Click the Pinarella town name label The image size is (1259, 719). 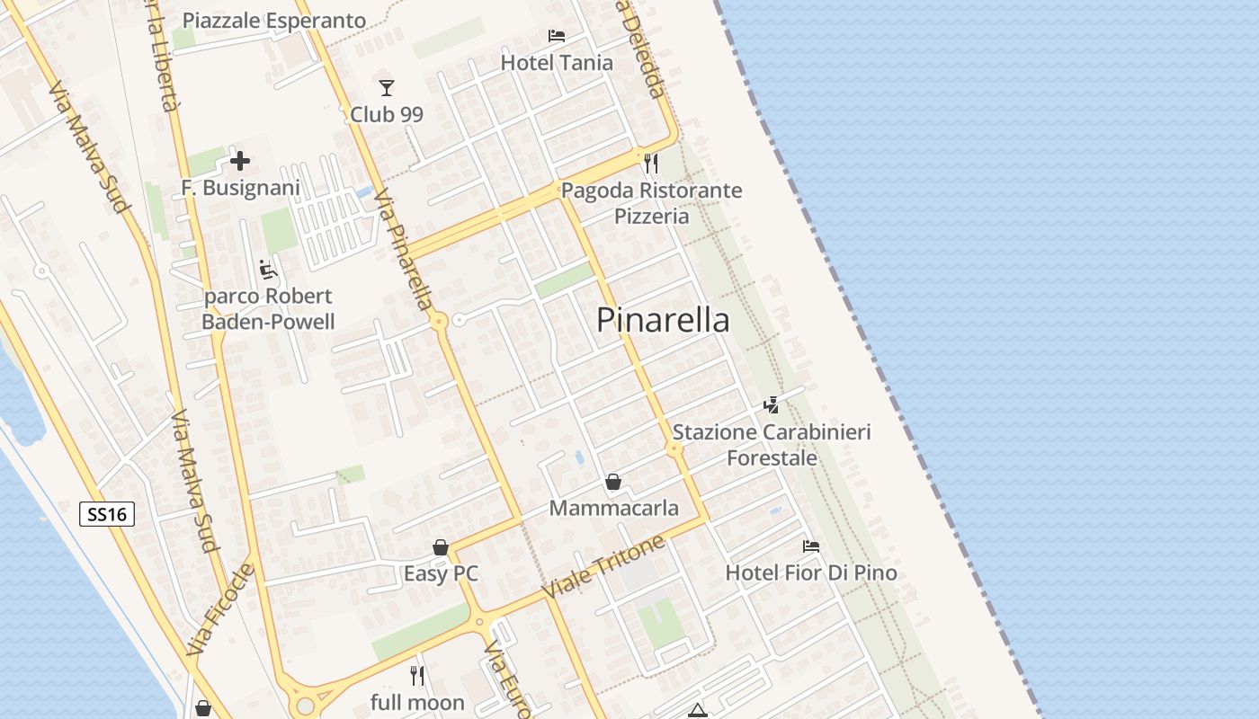click(663, 320)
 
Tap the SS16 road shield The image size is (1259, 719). click(108, 514)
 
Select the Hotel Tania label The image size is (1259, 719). click(557, 63)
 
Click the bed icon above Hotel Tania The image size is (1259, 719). click(557, 36)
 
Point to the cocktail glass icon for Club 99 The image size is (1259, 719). click(387, 87)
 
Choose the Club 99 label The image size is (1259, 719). click(387, 114)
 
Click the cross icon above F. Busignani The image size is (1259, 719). click(240, 162)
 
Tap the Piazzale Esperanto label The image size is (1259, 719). click(274, 21)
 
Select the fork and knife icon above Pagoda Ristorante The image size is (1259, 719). click(651, 164)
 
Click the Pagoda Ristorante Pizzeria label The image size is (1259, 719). click(652, 203)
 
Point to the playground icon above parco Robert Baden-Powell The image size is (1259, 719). click(268, 270)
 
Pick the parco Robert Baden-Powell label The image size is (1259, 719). click(268, 309)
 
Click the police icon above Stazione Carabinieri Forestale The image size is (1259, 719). click(772, 405)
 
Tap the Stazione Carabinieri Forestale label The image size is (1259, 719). click(772, 445)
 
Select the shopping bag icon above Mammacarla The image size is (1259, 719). click(613, 483)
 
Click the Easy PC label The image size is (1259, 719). click(441, 573)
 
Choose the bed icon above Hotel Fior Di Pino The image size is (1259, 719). click(811, 546)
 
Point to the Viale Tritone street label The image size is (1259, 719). click(603, 568)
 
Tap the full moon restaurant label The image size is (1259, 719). click(417, 702)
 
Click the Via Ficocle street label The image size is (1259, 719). click(221, 609)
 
